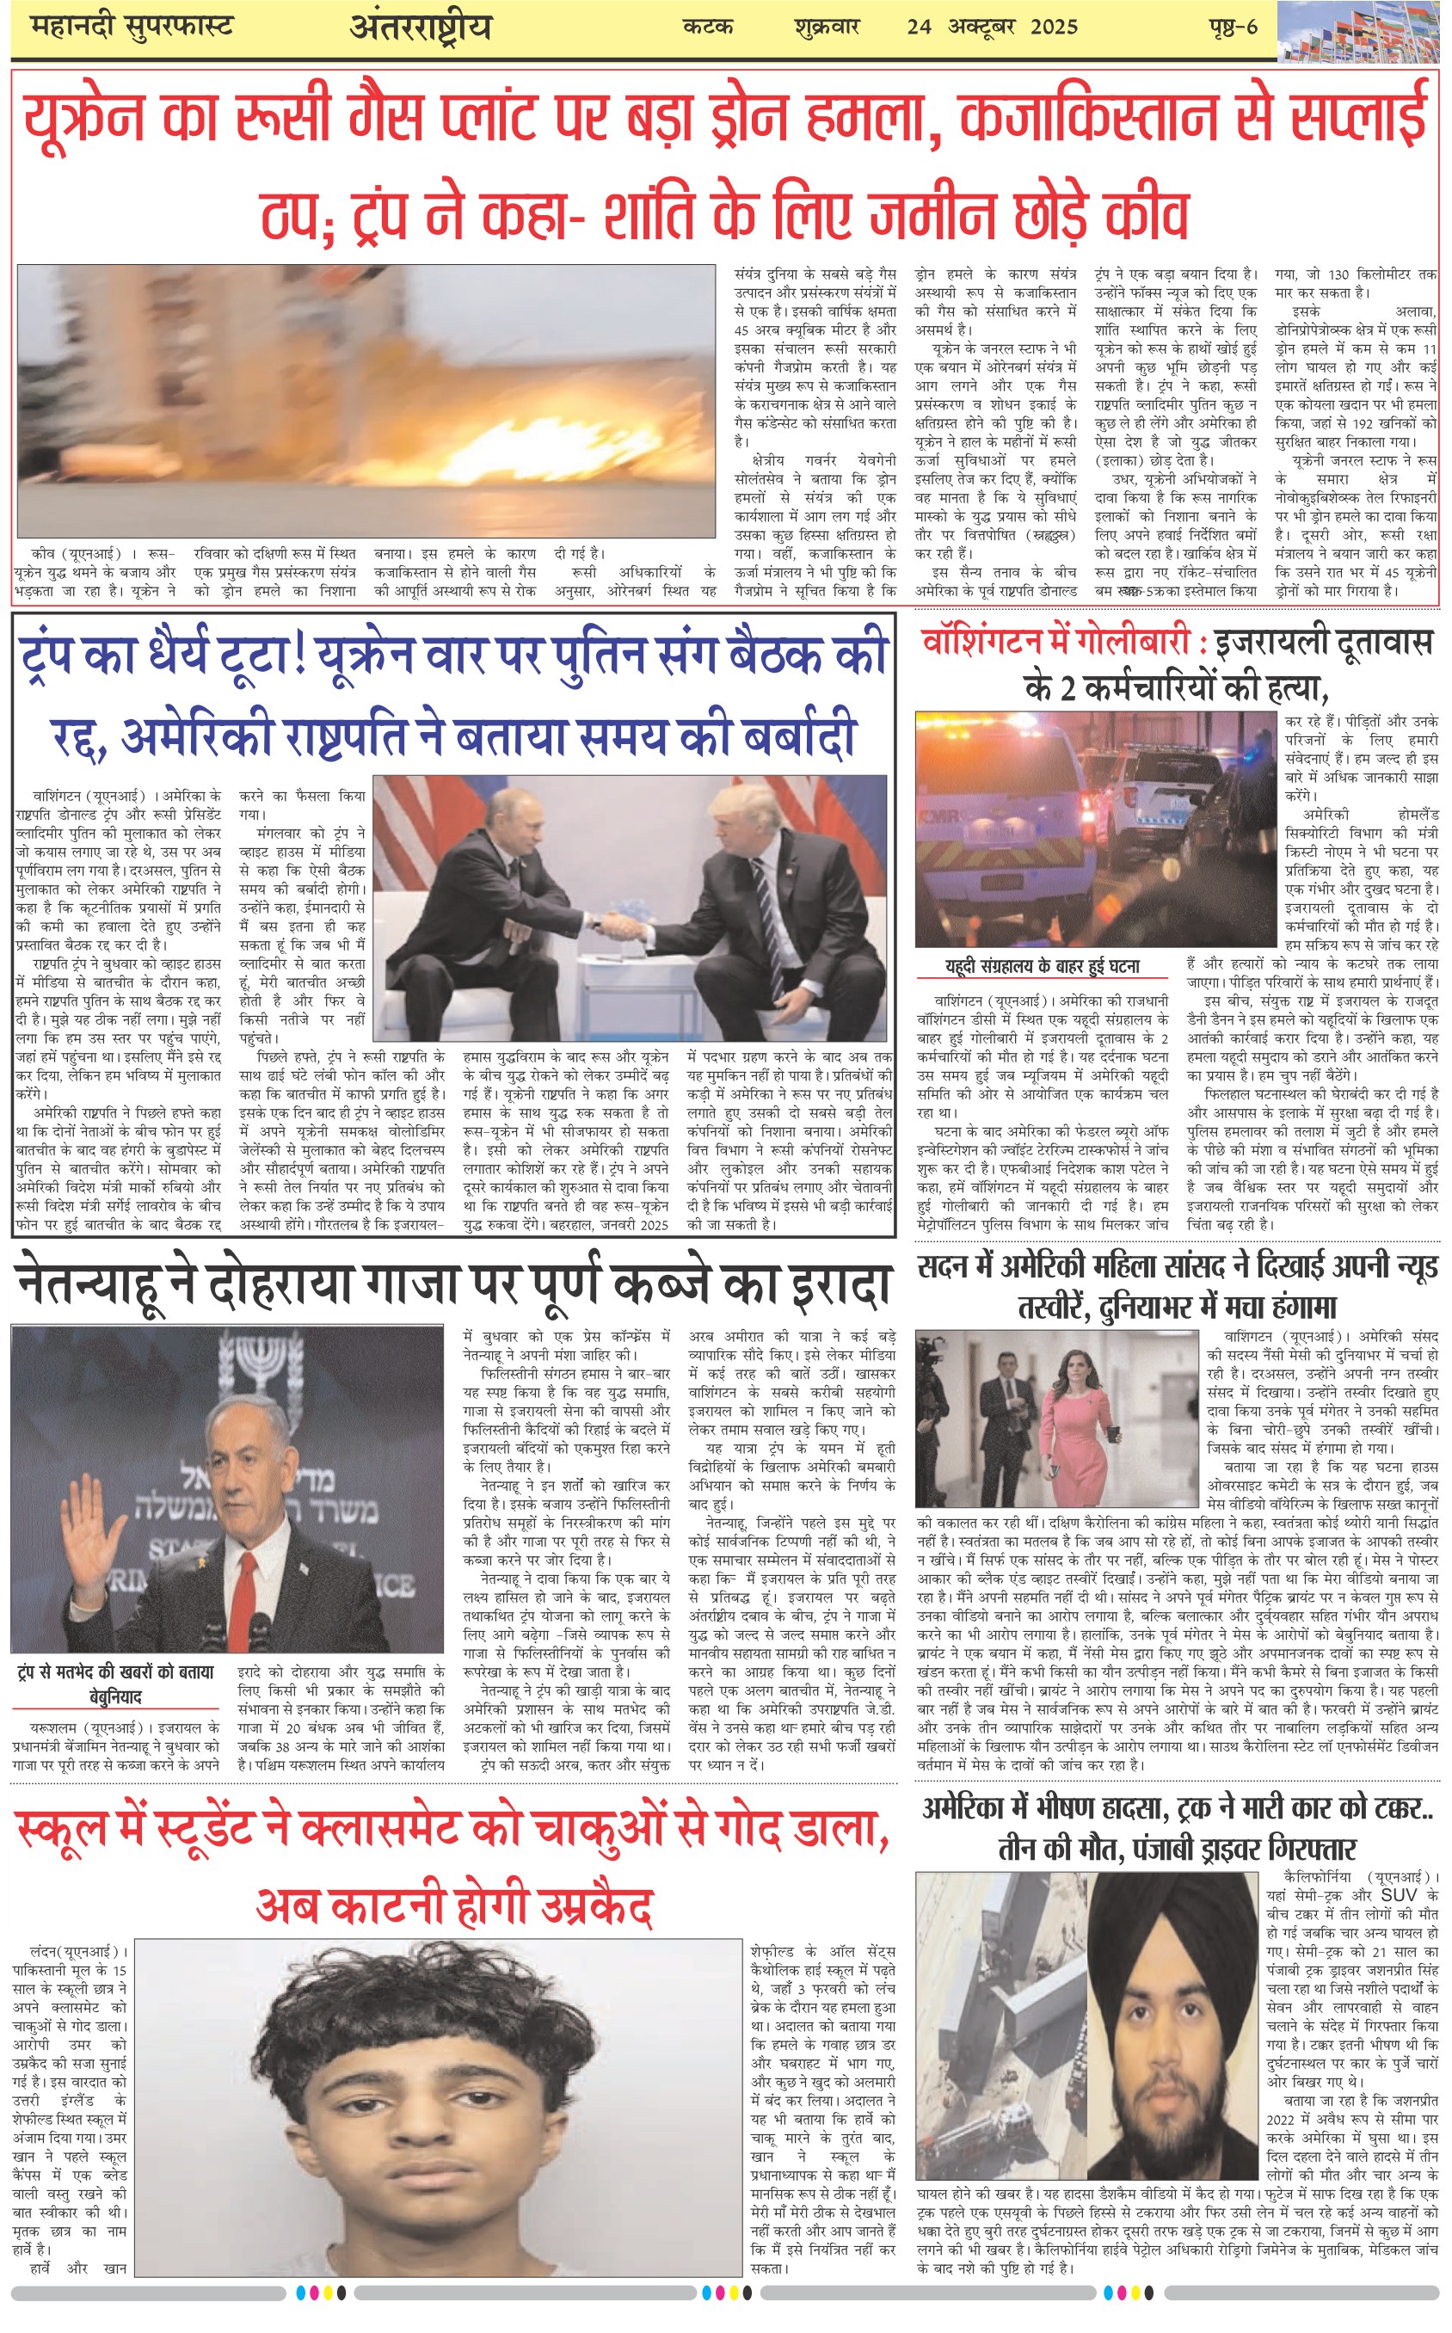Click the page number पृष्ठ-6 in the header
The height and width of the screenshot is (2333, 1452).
1232,27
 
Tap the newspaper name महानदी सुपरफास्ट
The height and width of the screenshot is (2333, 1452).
132,27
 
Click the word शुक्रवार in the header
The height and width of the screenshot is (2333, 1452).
827,27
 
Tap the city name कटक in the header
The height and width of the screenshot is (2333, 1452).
708,27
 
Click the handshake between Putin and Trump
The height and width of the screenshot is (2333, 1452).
620,927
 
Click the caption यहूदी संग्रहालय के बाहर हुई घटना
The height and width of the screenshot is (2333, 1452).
1042,967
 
